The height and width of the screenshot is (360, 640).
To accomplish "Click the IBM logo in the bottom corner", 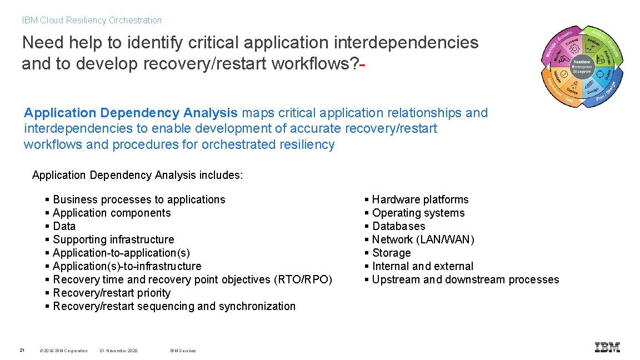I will coord(607,348).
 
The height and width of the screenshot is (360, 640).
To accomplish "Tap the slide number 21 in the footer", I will coord(22,350).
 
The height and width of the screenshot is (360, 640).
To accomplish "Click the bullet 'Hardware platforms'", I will coord(420,199).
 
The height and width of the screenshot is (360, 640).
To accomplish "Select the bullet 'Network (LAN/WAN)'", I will coord(423,239).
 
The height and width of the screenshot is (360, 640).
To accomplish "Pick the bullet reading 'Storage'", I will coord(391,253).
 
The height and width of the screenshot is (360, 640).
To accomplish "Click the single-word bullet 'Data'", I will coord(64,226).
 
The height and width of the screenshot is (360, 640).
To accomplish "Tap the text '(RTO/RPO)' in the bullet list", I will coord(303,279).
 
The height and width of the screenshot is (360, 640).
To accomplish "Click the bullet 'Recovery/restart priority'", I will coord(112,293).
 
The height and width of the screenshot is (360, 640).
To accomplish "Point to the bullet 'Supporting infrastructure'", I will coord(113,239).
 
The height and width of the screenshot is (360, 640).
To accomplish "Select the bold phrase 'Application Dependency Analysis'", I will coord(131,113).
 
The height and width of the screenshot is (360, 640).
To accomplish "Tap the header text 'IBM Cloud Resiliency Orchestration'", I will coord(92,21).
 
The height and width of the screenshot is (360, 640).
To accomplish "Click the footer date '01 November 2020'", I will coord(118,351).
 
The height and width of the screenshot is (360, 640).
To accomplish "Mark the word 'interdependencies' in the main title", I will coord(407,43).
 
